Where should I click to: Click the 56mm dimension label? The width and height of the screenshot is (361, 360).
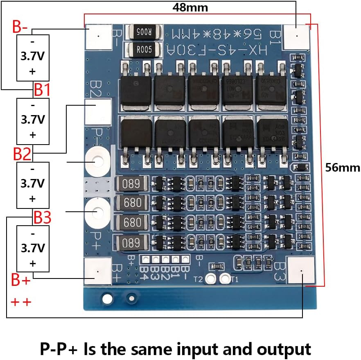pyautogui.click(x=343, y=167)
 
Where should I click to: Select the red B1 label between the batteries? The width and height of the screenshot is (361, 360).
pyautogui.click(x=42, y=90)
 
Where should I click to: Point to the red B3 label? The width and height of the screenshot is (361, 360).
pyautogui.click(x=42, y=217)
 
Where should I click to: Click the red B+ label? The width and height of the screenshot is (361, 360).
pyautogui.click(x=21, y=281)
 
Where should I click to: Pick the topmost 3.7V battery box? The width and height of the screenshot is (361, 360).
pyautogui.click(x=33, y=57)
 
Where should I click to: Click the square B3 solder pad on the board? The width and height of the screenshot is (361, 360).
pyautogui.click(x=301, y=270)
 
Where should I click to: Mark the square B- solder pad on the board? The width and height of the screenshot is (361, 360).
pyautogui.click(x=99, y=36)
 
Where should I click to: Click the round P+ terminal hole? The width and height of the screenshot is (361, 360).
pyautogui.click(x=98, y=212)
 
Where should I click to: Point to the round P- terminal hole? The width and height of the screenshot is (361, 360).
pyautogui.click(x=98, y=162)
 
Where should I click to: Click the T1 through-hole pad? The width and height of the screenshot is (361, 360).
pyautogui.click(x=225, y=278)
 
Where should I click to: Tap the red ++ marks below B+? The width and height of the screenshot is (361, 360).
pyautogui.click(x=21, y=302)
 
